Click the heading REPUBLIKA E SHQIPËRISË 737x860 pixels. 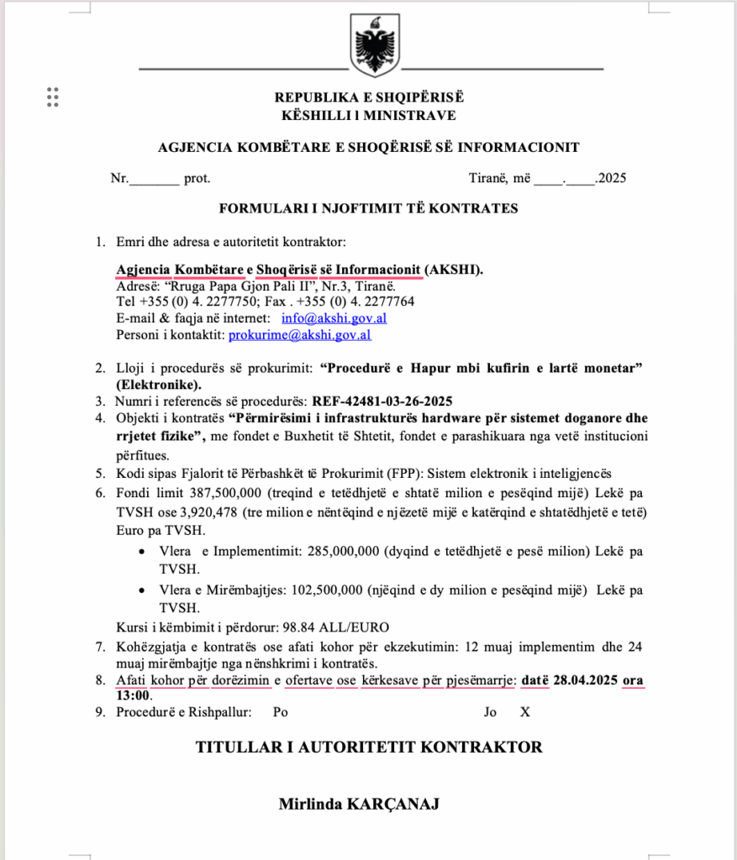(x=368, y=98)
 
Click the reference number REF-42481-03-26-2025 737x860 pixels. (x=382, y=401)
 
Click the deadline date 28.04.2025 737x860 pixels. (x=586, y=680)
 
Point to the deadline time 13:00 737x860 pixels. (x=134, y=695)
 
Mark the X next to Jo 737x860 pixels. (x=525, y=712)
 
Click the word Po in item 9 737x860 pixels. (x=281, y=712)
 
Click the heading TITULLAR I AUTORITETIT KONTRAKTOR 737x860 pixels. (x=369, y=747)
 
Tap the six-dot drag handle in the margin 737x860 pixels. (x=52, y=97)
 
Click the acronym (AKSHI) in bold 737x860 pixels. (x=454, y=270)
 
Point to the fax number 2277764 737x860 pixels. (x=388, y=302)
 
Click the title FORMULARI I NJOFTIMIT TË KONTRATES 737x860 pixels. (x=368, y=208)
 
